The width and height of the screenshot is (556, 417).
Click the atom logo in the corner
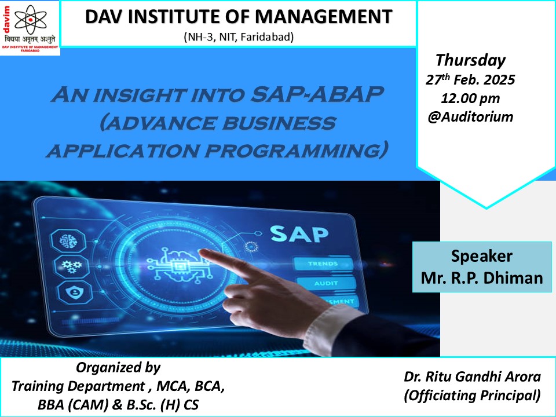coord(31,19)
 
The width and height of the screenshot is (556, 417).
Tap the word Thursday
coord(470,60)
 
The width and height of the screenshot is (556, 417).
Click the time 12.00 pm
coord(470,98)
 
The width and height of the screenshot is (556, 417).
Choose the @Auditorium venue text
coord(470,116)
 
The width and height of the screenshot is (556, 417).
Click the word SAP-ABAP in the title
coord(317,94)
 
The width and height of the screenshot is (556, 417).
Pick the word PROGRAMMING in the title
coord(295,151)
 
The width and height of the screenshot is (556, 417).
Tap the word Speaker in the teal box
coord(481,256)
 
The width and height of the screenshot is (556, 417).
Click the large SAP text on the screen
coord(299,233)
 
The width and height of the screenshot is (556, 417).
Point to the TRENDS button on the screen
coord(323,264)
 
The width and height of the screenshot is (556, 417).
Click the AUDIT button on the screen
coord(326,283)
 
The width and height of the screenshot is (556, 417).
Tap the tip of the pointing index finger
coord(202,252)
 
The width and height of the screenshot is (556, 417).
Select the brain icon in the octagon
coord(68,242)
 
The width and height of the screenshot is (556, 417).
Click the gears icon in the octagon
coord(71,266)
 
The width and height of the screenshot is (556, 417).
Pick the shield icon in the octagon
coord(75,292)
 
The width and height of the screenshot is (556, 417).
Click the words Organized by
coord(118,368)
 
